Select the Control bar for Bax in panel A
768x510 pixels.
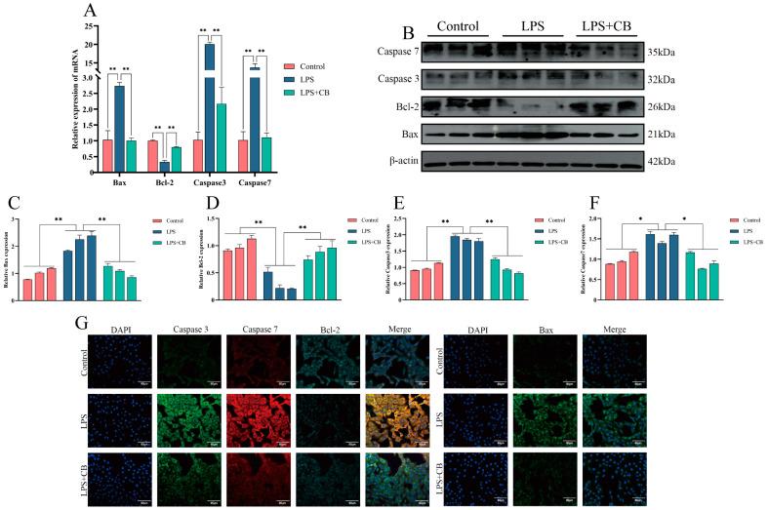pyautogui.click(x=106, y=156)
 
